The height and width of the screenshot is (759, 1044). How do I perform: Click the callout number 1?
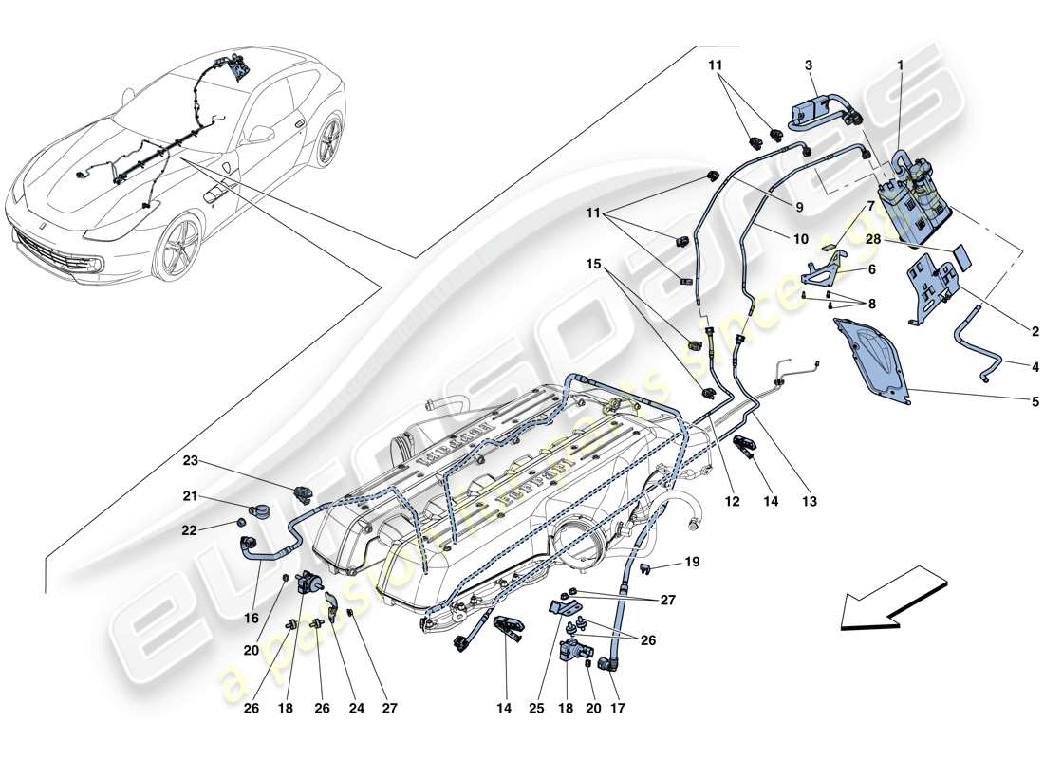coord(899,68)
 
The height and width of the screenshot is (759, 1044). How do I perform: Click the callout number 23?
coord(190,462)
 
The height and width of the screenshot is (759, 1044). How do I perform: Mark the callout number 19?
coord(693,562)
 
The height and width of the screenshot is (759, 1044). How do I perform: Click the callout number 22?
coord(190,530)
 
